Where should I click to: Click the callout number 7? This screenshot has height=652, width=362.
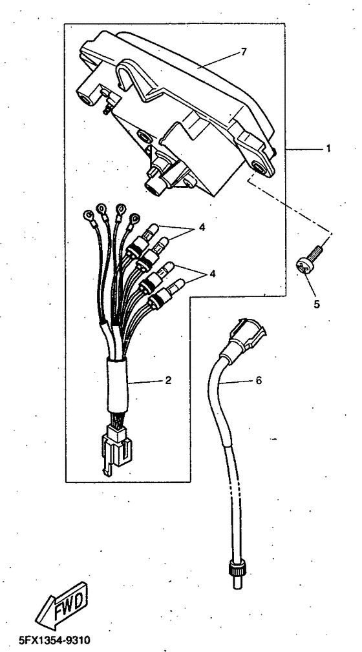pos(243,52)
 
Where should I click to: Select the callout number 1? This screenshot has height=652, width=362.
pos(328,148)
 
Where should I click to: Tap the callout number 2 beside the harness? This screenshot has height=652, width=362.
pos(168,380)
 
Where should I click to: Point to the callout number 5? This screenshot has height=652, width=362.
pos(317,305)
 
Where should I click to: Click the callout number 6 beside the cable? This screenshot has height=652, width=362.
pos(259,380)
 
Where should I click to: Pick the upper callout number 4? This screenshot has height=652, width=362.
pos(202,228)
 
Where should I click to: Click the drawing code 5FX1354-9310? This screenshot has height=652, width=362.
pos(54,639)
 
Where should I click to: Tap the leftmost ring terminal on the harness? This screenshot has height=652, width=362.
pos(89,215)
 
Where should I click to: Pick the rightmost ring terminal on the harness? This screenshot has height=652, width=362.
pos(134,219)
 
